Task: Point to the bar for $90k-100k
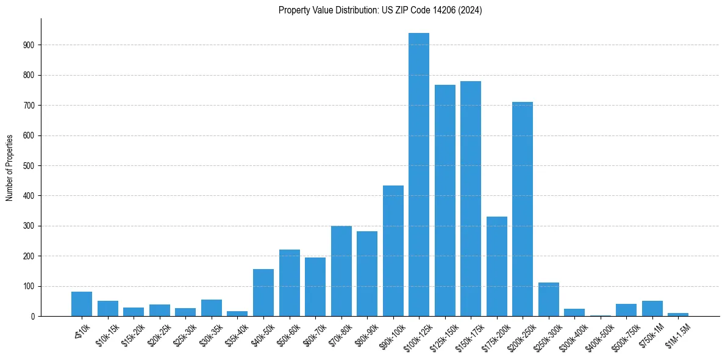click(x=393, y=251)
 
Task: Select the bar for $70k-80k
click(x=341, y=271)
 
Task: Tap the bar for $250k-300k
click(x=548, y=300)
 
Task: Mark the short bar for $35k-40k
click(x=237, y=314)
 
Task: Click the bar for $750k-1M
click(x=652, y=309)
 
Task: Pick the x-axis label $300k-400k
click(x=574, y=333)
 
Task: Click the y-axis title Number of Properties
click(x=9, y=167)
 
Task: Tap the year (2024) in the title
click(x=471, y=10)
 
